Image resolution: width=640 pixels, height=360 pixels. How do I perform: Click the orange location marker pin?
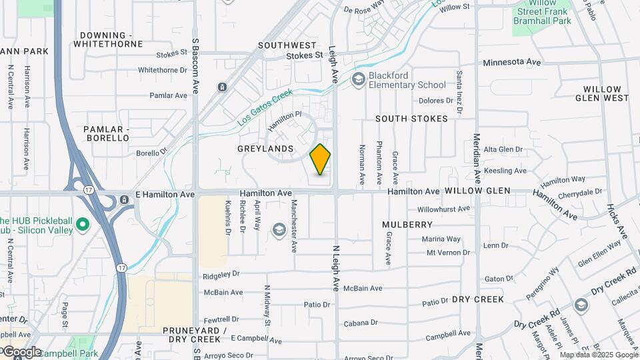(x=321, y=159)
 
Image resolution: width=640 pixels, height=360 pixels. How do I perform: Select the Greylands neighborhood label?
(x=265, y=148)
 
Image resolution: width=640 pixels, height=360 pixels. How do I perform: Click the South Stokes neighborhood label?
(x=411, y=119)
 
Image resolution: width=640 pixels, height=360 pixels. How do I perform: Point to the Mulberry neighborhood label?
(x=407, y=225)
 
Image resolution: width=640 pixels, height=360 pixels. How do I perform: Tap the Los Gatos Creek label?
(x=265, y=109)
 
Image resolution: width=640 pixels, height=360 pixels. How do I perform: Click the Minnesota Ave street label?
(x=511, y=62)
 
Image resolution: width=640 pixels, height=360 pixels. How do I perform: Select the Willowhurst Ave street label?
(x=444, y=209)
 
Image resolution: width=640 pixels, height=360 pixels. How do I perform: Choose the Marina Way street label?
(x=441, y=239)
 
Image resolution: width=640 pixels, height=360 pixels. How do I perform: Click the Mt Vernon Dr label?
(x=448, y=253)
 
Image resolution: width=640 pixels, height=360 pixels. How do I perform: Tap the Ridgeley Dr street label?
(x=220, y=274)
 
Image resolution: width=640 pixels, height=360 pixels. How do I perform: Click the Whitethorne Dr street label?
(x=163, y=70)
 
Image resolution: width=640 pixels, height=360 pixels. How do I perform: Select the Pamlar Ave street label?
(x=169, y=95)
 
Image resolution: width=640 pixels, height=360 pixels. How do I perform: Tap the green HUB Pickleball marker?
(x=83, y=225)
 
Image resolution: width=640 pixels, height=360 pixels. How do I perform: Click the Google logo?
(x=21, y=352)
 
